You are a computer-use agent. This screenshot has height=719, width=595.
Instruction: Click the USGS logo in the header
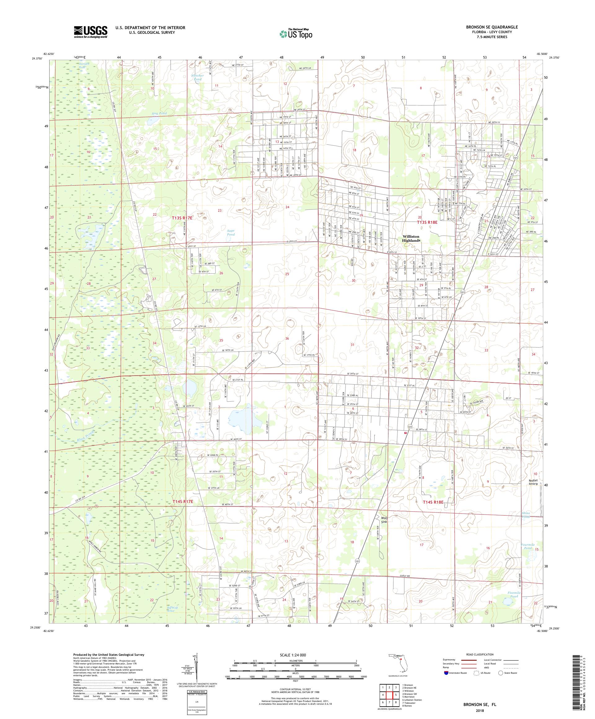coord(91,32)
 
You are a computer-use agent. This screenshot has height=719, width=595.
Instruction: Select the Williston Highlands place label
coord(411,239)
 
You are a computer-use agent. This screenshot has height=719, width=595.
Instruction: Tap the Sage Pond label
coord(231,232)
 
